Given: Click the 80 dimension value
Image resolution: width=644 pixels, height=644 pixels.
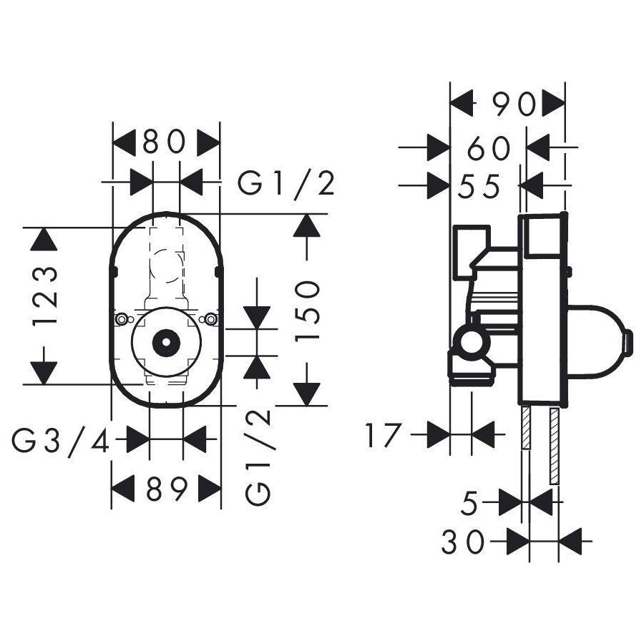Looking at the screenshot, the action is [165, 142].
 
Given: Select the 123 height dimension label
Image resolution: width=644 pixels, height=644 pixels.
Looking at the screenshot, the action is [45, 296].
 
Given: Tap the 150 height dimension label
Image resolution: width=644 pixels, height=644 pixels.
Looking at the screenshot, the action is [307, 311].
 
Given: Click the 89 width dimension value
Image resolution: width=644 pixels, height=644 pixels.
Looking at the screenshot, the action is [167, 489].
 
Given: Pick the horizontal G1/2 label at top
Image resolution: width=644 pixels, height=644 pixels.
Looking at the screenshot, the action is [286, 184].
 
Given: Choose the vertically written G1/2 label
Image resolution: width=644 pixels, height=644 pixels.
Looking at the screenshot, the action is [259, 457].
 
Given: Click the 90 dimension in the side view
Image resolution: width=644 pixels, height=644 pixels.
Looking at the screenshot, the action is [514, 104].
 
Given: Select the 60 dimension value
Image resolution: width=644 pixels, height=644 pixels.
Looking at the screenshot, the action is [489, 148].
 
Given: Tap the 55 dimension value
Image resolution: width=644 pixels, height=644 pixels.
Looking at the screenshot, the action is [479, 187].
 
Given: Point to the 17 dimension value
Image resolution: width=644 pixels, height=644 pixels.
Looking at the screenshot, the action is [382, 435].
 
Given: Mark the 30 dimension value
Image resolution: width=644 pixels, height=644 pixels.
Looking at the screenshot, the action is [463, 542].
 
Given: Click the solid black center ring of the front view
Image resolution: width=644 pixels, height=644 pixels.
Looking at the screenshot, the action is [166, 342].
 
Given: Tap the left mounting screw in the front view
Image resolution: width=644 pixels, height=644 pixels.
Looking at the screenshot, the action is [122, 319].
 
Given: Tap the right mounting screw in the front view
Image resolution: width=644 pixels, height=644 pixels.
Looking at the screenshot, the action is [210, 319].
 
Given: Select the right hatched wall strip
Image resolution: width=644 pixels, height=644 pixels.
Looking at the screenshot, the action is [554, 446].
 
